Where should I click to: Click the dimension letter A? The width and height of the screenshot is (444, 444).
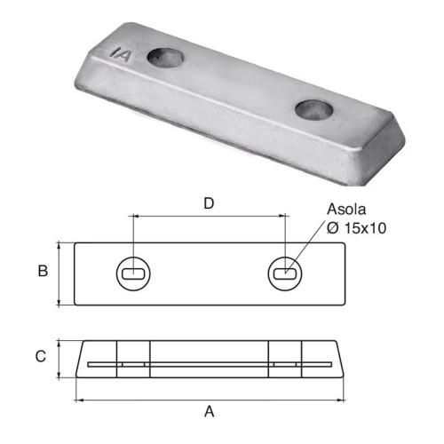[210, 411]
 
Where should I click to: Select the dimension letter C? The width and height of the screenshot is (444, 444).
[41, 357]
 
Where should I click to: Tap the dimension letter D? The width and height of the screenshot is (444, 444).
[209, 202]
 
